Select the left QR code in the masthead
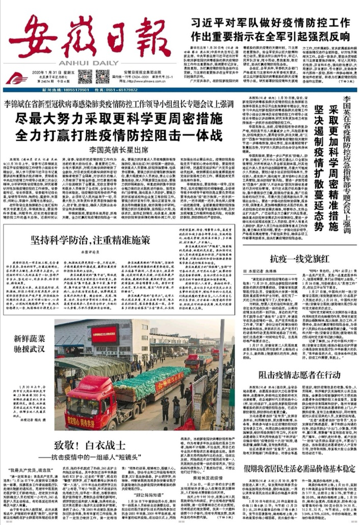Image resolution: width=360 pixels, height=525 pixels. pos(85,77)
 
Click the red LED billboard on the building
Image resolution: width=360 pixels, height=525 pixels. pos(105,334)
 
